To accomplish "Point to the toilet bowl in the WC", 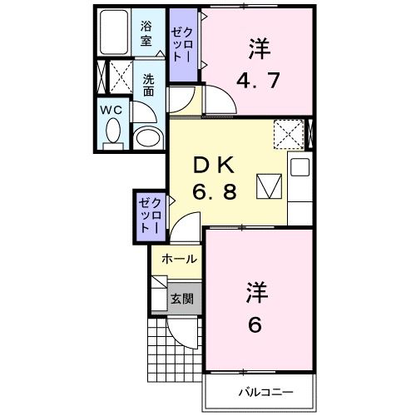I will [x=113, y=133].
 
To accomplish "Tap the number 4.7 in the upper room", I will [x=256, y=82].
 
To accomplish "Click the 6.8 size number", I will [x=215, y=191].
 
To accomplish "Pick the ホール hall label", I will [x=179, y=260].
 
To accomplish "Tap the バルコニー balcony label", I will [x=262, y=391].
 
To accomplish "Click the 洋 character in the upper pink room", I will [x=256, y=49].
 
